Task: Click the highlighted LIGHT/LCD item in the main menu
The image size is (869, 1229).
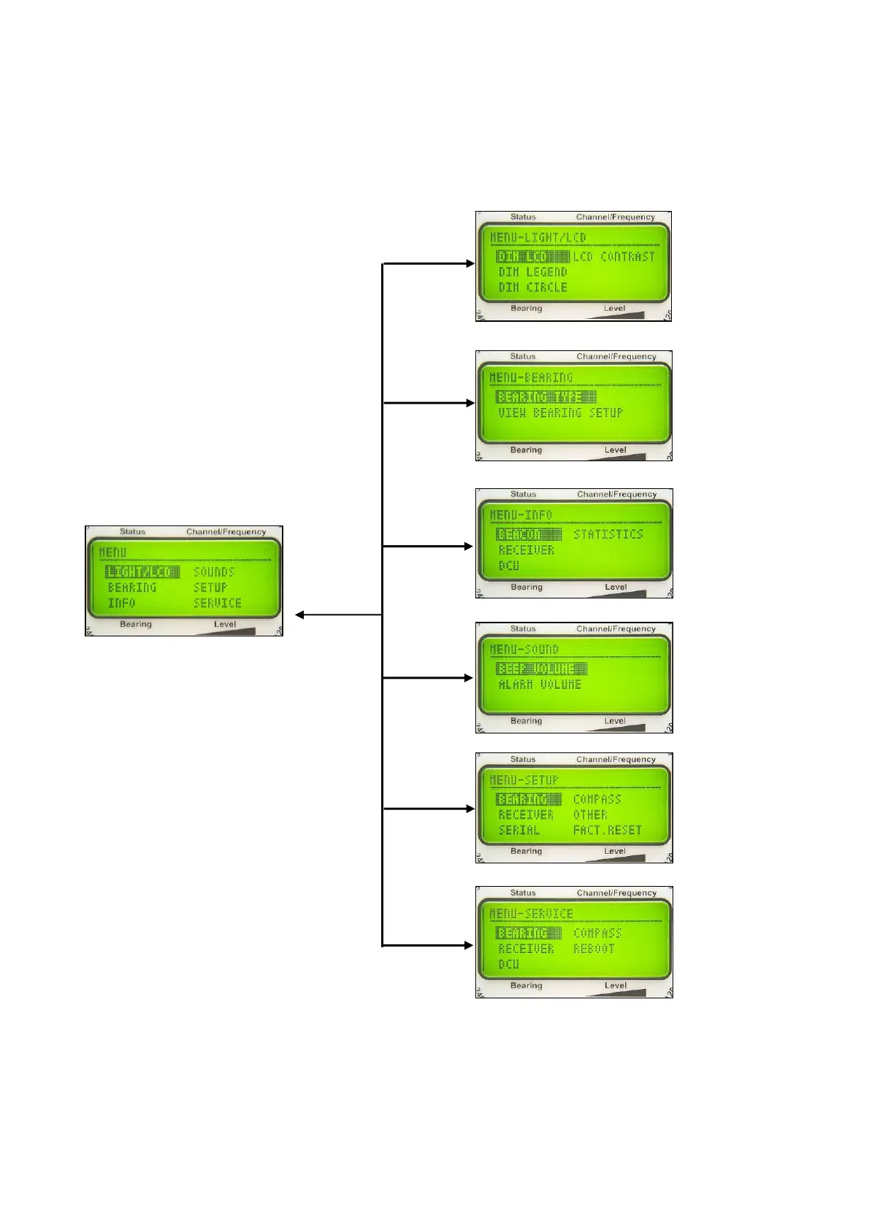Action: point(142,571)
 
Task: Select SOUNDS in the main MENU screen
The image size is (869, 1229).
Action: point(213,571)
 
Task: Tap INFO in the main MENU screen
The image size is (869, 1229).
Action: point(121,603)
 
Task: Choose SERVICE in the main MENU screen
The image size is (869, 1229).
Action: point(217,603)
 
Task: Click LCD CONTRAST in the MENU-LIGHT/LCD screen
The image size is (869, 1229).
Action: point(613,256)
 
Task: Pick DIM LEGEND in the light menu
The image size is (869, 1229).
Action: point(532,271)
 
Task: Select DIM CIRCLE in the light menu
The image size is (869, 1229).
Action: point(532,287)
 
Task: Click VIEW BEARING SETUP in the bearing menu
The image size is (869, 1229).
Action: point(560,412)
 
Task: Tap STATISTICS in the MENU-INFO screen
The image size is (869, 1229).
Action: point(608,534)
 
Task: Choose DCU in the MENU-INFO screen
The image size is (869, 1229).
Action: point(508,566)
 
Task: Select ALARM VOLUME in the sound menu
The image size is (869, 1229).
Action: point(540,684)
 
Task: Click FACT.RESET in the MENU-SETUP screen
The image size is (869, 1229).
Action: point(607,830)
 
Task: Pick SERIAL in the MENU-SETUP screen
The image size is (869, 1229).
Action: point(518,830)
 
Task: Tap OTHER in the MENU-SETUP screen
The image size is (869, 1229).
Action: point(590,814)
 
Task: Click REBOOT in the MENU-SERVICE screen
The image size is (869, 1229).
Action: point(594,948)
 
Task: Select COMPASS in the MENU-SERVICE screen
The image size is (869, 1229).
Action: point(597,933)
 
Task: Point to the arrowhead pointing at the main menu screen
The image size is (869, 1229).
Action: point(299,614)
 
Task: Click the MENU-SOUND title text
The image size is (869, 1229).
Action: point(524,649)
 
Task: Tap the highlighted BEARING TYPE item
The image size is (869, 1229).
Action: point(545,396)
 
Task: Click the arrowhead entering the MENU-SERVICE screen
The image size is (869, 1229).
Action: point(470,945)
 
